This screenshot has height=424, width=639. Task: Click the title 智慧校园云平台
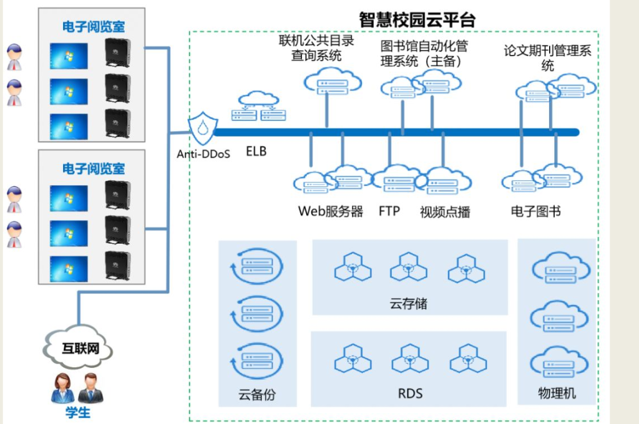pos(417,19)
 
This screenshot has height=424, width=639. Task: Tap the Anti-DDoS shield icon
pos(202,127)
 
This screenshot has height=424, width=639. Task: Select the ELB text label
pos(256,151)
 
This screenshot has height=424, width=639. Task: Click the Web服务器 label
pos(330,211)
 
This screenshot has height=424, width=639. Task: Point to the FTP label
pos(389,211)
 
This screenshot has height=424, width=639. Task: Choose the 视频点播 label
pos(445,211)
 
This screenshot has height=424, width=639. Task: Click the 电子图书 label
pos(535,211)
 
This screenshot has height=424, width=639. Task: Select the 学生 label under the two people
pos(78,412)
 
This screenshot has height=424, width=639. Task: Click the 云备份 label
pos(256,394)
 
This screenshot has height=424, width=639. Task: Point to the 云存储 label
pos(409,304)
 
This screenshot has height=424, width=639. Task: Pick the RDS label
pos(410,393)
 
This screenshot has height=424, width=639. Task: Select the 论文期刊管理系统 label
pos(547,58)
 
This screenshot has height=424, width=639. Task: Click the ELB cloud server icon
pos(258,106)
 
